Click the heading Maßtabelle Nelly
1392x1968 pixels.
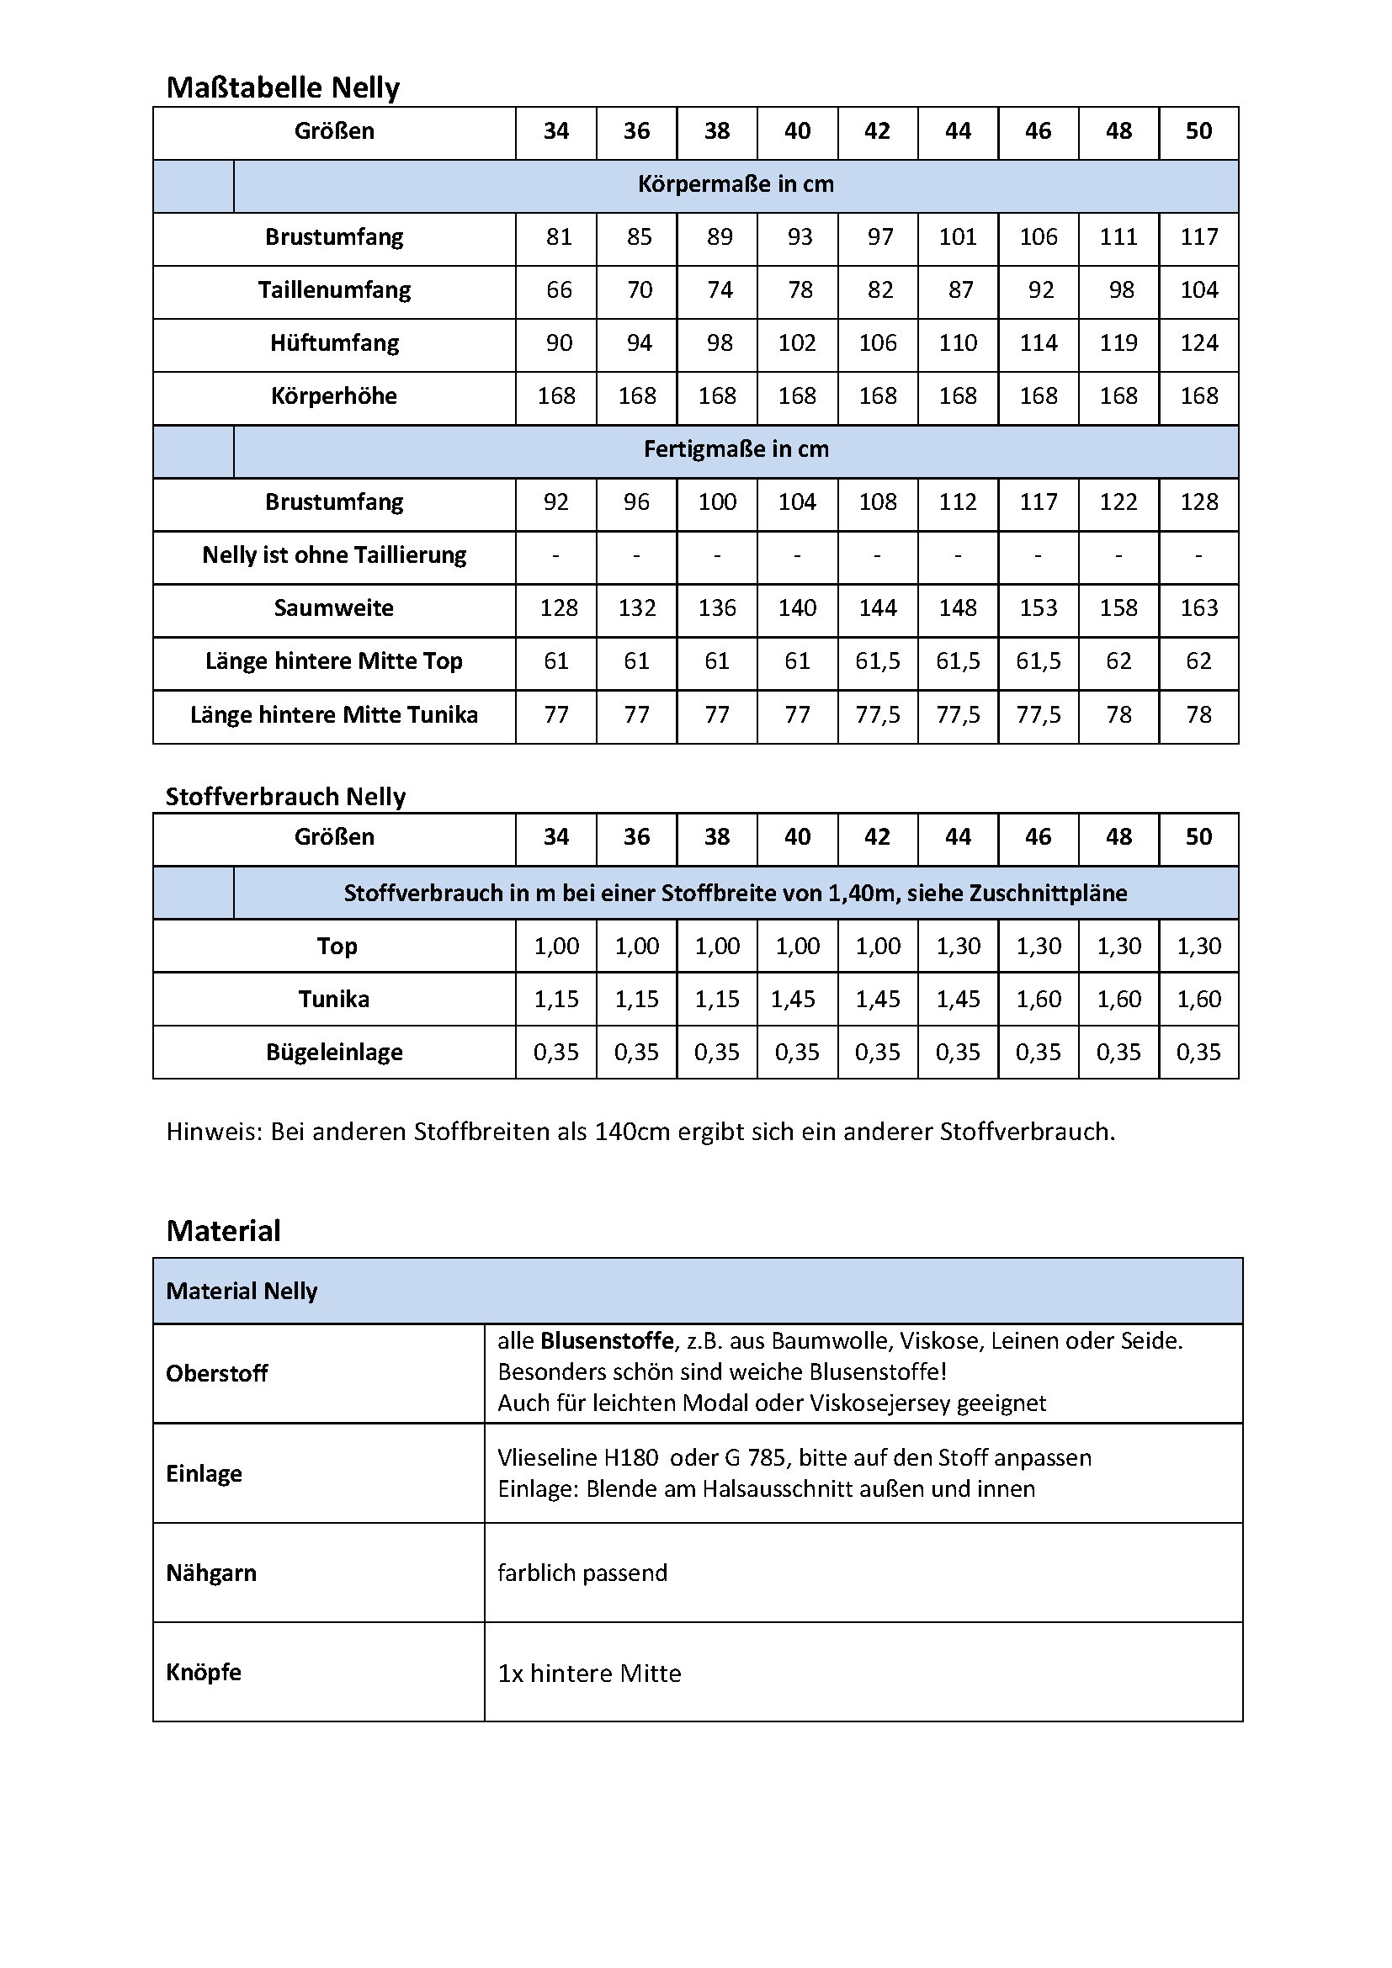(283, 88)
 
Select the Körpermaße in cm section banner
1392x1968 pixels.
(736, 184)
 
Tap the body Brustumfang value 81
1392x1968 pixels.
(558, 237)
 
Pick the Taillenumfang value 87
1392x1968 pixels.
(960, 290)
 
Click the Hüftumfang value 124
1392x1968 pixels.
(1198, 344)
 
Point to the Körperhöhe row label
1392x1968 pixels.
(333, 397)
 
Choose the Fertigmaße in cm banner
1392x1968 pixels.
(736, 450)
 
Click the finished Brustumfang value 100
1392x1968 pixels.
(716, 502)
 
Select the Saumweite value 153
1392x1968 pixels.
(1038, 608)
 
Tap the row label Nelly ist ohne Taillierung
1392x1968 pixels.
(333, 555)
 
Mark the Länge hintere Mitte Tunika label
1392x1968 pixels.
(333, 715)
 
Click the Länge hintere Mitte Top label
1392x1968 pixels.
(333, 661)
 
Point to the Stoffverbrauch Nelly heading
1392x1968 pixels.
(285, 797)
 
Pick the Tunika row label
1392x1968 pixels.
(333, 1000)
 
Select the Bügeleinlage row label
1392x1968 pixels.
(333, 1053)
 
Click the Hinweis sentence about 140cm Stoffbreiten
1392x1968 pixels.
(640, 1133)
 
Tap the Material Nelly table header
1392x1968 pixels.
(242, 1292)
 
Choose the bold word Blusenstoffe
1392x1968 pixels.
(607, 1341)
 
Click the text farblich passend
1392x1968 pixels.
(582, 1573)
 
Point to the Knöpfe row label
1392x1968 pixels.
(203, 1673)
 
